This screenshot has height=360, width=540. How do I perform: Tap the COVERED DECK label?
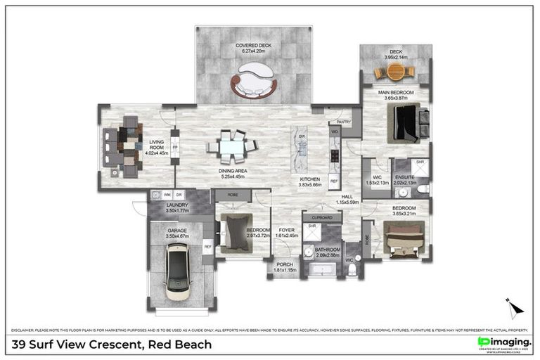point(252,46)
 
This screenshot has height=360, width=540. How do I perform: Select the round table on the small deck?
point(395,72)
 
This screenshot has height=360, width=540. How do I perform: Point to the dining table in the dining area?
point(232,147)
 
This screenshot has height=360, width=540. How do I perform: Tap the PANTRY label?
point(343,122)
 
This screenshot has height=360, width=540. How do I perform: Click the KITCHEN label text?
point(310,179)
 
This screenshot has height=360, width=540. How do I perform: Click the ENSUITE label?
point(404,177)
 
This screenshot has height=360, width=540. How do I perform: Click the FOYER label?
point(287,230)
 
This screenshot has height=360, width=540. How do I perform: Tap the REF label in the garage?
point(207,246)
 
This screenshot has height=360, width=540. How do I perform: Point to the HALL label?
point(347,197)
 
